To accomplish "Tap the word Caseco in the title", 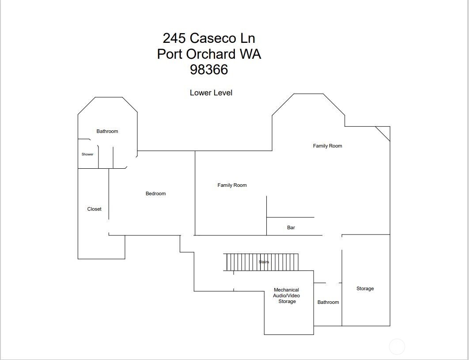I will click(212, 38).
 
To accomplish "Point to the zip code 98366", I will click(209, 70).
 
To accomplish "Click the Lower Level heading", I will click(211, 93).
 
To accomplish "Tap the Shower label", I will click(87, 154).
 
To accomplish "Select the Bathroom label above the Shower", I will click(107, 131).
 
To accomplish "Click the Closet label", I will click(94, 209).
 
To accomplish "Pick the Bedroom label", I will click(156, 193).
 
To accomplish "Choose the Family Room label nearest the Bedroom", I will click(232, 185).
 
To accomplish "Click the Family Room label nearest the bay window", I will click(327, 146).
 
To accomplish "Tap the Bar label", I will click(291, 227).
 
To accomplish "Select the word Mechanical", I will click(286, 290).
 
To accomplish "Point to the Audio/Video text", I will click(286, 296).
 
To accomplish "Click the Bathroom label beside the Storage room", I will click(328, 302).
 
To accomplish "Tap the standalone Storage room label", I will click(365, 288).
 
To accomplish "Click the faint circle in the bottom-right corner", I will click(397, 347).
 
